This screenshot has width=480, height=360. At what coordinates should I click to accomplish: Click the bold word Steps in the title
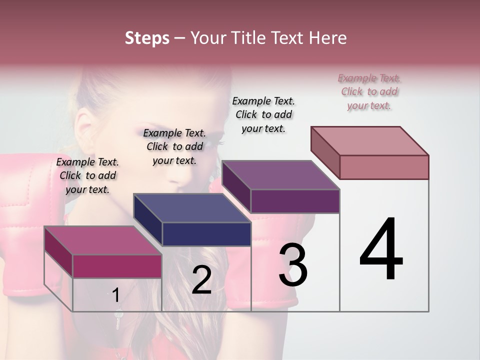[x=147, y=38]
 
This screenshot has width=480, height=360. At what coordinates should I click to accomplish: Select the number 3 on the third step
[x=293, y=265]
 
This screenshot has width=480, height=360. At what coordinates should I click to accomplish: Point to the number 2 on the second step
[x=201, y=280]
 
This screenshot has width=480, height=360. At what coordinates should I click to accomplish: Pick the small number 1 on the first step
[x=116, y=295]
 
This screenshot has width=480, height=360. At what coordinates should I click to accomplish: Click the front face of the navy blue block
[x=206, y=234]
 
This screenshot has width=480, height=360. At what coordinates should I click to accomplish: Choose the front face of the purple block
[x=295, y=201]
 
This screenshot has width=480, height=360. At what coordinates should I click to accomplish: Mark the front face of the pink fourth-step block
[x=384, y=167]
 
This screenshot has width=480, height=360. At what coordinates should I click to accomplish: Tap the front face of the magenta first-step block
[x=117, y=266]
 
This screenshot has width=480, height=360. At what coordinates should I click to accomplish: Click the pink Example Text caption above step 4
[x=369, y=91]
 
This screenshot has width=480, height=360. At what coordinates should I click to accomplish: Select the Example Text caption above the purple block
[x=263, y=114]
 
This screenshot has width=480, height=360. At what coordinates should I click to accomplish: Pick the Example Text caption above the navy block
[x=174, y=146]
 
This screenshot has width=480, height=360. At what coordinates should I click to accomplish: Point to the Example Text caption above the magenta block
[x=87, y=175]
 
